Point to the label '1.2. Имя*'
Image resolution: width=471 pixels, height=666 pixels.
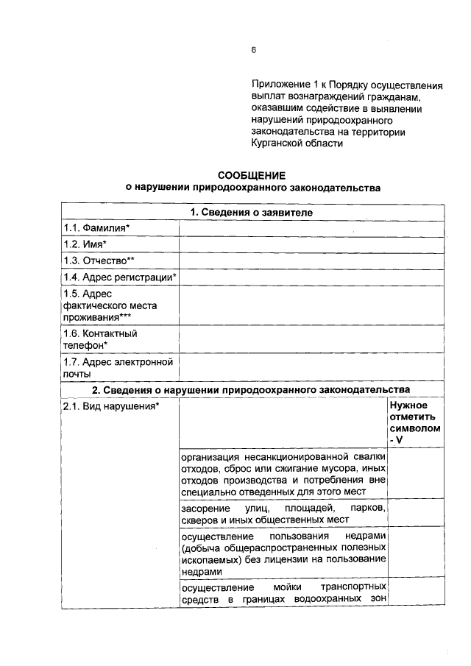pyautogui.click(x=85, y=244)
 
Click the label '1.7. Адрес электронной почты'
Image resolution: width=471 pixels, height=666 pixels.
pyautogui.click(x=118, y=367)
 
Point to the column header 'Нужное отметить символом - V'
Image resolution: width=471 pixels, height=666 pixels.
pyautogui.click(x=415, y=422)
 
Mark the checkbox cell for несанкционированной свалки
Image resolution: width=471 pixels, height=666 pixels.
pyautogui.click(x=415, y=472)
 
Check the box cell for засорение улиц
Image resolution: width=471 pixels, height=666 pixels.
pyautogui.click(x=415, y=513)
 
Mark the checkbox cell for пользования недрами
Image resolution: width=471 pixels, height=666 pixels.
pyautogui.click(x=415, y=553)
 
